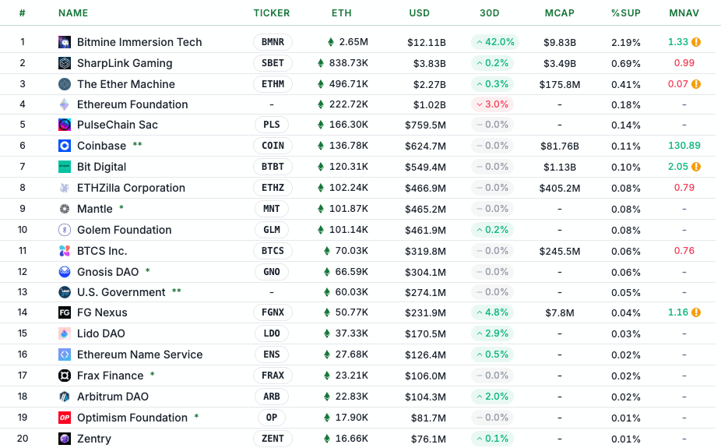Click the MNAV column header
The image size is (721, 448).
coord(684,13)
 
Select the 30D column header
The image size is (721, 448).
coord(490,13)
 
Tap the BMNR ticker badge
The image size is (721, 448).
coord(273,42)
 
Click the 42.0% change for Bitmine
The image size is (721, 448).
coord(494,42)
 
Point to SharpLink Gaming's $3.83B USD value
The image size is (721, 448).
coord(427,63)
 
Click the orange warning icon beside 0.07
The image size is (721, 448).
coord(696,84)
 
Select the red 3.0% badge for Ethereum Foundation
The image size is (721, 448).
coord(491,104)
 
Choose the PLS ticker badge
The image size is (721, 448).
coord(272,125)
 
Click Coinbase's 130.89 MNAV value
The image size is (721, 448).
coord(684,146)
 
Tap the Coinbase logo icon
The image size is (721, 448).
coord(65,146)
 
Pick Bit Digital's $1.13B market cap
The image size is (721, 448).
coord(560,167)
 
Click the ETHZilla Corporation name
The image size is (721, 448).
coord(131,188)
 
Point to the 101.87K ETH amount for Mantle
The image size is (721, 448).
coord(347,209)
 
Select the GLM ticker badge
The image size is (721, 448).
coord(272,230)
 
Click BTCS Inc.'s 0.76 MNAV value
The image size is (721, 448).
coord(684,251)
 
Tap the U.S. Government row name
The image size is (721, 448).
coord(121,292)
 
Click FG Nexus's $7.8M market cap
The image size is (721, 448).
coord(560,312)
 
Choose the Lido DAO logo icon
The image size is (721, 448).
coord(65,333)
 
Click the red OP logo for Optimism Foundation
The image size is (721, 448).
coord(65,418)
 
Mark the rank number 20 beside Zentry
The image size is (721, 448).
coord(23,439)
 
